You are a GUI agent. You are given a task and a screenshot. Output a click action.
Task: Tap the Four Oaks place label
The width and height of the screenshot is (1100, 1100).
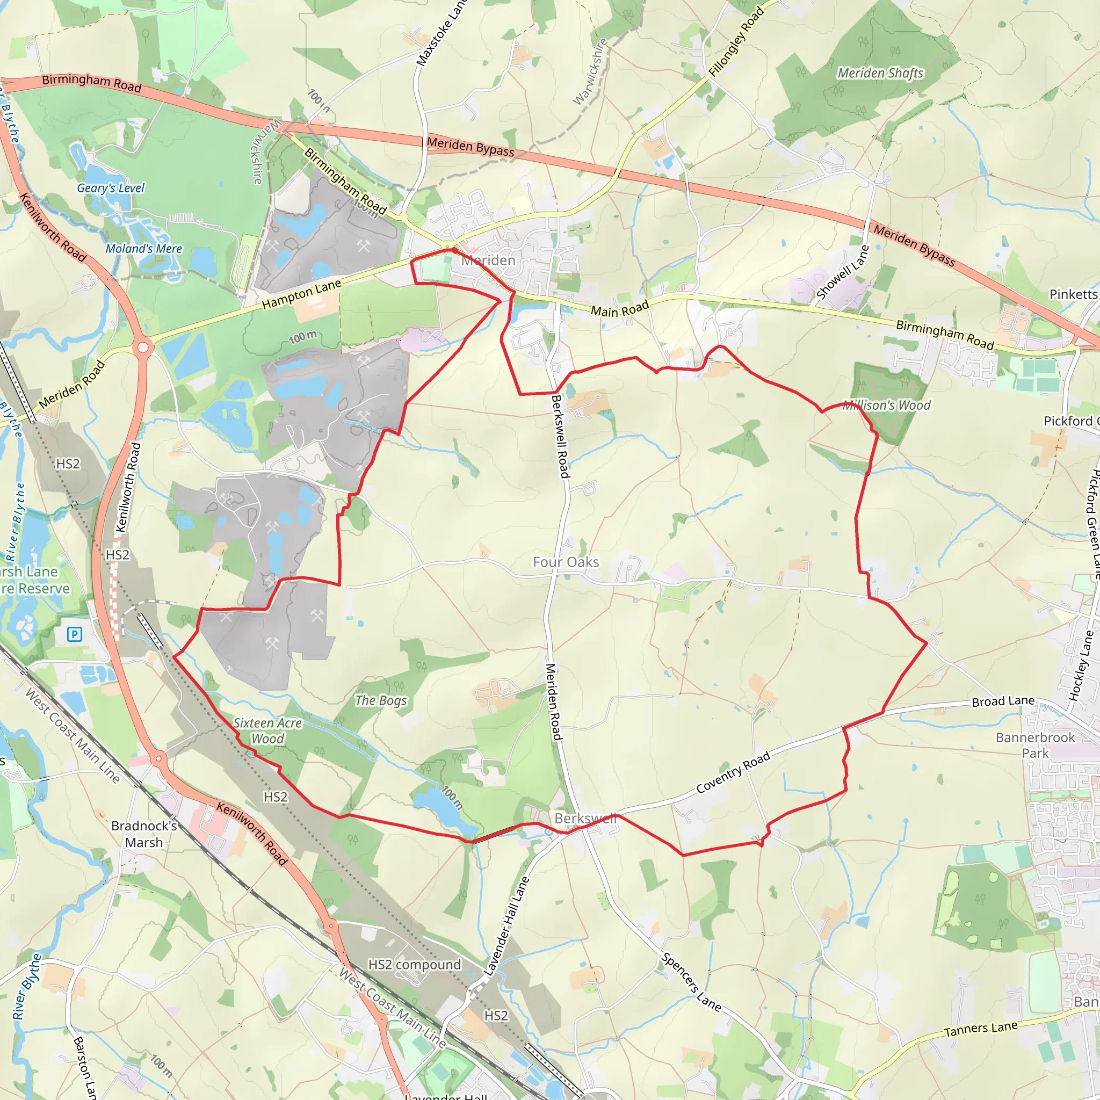[x=566, y=562]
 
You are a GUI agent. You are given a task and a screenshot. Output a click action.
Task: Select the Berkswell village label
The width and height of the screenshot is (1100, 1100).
[x=585, y=818]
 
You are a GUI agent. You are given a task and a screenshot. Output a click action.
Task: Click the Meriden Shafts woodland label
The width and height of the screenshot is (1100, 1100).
[x=880, y=73]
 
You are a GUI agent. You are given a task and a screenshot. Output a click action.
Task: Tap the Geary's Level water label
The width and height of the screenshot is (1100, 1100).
[x=111, y=188]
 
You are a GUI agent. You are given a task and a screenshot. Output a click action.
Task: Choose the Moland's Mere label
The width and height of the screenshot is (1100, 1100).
[x=143, y=249]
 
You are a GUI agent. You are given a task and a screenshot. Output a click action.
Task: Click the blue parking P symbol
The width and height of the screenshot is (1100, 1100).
[x=75, y=634]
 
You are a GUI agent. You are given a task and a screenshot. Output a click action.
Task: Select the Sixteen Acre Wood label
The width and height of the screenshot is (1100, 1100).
[x=267, y=730]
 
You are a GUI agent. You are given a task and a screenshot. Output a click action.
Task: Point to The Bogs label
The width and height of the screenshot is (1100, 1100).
[x=381, y=700]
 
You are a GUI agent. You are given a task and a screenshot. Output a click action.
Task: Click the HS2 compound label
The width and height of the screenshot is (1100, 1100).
[x=415, y=965]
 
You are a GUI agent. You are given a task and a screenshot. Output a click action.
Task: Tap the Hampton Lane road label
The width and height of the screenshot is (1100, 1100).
[x=301, y=294]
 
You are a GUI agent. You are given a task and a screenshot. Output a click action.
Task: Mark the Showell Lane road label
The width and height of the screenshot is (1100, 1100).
[x=843, y=272]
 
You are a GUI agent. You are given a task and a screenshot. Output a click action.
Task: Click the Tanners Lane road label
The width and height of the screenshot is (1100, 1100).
[x=980, y=1030]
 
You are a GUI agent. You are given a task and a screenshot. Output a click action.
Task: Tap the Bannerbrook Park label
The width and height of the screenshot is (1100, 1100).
[x=1035, y=746]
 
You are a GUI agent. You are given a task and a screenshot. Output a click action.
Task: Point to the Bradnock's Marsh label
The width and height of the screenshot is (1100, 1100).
[x=144, y=834]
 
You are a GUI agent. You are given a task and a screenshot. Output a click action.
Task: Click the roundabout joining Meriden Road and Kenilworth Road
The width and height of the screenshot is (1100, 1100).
[x=143, y=347]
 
